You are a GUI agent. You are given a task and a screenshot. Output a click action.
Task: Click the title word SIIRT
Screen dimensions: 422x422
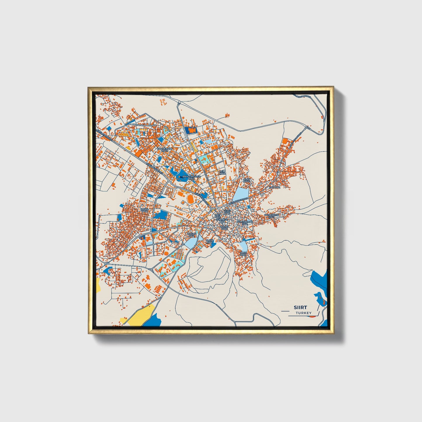pyautogui.click(x=301, y=308)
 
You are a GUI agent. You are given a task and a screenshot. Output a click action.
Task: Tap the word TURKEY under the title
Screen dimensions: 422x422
pyautogui.click(x=303, y=313)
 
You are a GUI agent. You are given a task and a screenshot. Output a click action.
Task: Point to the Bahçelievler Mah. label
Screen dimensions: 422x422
pyautogui.click(x=191, y=178)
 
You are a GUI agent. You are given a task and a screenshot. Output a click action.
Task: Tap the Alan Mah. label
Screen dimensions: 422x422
pyautogui.click(x=247, y=180)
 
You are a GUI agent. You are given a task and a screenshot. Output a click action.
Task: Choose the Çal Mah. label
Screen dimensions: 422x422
pyautogui.click(x=274, y=187)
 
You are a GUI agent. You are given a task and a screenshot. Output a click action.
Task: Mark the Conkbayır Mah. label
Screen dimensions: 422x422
pyautogui.click(x=271, y=216)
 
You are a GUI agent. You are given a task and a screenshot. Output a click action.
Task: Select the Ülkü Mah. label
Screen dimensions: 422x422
pyautogui.click(x=227, y=211)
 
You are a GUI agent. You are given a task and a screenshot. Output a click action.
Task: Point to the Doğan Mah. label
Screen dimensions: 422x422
pyautogui.click(x=191, y=235)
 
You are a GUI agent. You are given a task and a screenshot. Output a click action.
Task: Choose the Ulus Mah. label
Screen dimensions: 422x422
pyautogui.click(x=243, y=253)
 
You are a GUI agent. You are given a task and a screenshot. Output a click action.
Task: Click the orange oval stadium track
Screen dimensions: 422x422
pyautogui.click(x=190, y=199)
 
